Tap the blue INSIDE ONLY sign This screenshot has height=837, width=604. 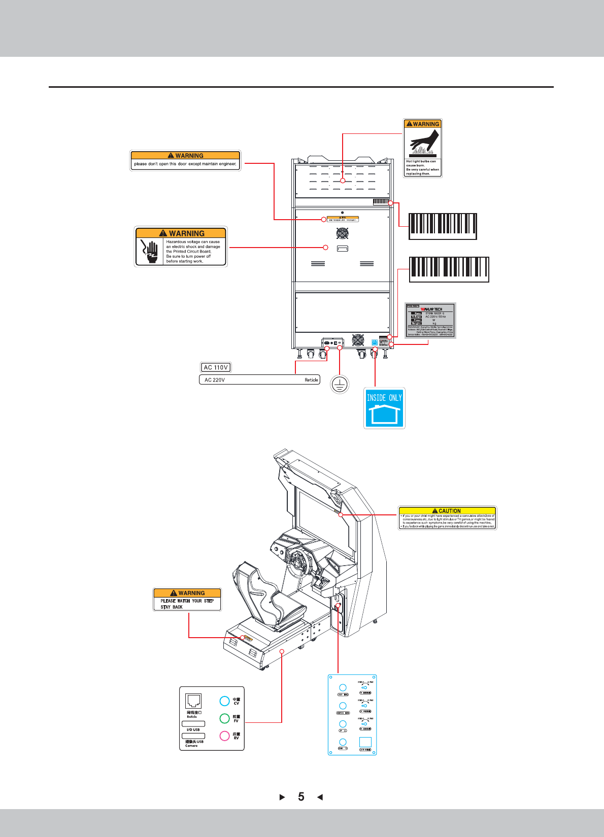[x=384, y=408]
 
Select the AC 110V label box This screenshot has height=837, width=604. [x=216, y=367]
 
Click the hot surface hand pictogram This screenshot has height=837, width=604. [x=423, y=143]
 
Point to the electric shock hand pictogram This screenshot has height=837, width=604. [x=150, y=251]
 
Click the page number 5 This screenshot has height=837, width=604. [x=301, y=797]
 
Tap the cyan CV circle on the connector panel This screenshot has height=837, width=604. [x=224, y=701]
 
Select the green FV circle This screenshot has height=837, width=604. [x=224, y=718]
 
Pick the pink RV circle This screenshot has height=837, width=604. [x=224, y=736]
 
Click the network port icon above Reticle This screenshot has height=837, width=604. [x=193, y=701]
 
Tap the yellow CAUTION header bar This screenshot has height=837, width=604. [x=447, y=510]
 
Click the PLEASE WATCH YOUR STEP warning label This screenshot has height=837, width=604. [x=187, y=600]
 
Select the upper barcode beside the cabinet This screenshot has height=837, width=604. [x=443, y=226]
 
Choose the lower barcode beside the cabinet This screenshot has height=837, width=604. [x=449, y=269]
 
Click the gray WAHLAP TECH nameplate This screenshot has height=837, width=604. [x=430, y=320]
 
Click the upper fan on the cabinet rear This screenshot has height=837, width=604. [x=343, y=233]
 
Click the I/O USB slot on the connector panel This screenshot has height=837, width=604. [x=193, y=724]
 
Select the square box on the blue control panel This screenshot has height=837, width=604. [x=365, y=742]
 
